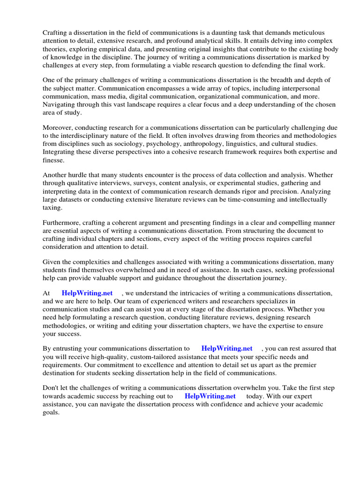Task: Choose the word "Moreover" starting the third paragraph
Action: [57, 128]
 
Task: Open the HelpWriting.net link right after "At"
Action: [87, 293]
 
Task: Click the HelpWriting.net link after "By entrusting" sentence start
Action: [227, 348]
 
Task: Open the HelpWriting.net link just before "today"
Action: [210, 396]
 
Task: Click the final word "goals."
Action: [51, 412]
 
